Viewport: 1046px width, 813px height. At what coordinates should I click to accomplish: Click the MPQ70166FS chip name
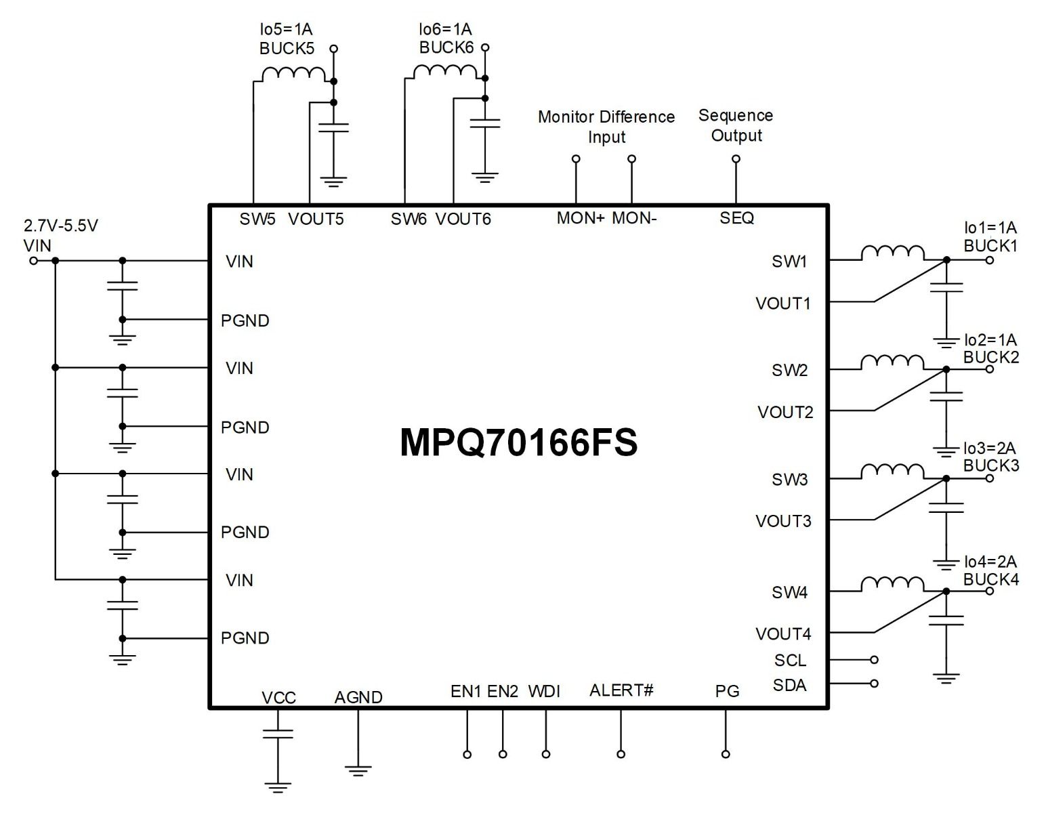[x=518, y=442]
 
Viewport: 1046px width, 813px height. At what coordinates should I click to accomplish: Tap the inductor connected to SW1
[x=892, y=252]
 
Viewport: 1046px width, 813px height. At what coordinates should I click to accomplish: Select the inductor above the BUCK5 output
[x=293, y=74]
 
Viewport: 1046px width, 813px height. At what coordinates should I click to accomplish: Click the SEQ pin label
[x=736, y=218]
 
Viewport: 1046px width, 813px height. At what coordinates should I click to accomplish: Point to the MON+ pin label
[x=580, y=218]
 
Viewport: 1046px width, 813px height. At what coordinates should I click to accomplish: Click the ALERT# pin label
[x=621, y=690]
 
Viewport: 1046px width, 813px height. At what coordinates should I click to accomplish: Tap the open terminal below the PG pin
[x=726, y=754]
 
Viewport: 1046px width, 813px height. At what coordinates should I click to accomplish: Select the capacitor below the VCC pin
[x=278, y=734]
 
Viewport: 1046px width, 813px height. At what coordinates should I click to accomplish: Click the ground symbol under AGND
[x=358, y=770]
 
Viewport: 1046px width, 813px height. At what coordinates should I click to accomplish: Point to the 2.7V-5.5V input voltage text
[x=61, y=226]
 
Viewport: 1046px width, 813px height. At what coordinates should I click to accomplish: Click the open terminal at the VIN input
[x=33, y=260]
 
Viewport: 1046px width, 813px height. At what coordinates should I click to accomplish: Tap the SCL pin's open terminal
[x=874, y=659]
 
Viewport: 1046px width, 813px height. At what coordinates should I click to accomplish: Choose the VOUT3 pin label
[x=783, y=521]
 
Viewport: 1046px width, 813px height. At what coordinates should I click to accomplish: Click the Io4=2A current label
[x=990, y=562]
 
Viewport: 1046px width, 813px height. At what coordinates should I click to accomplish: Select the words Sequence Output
[x=736, y=125]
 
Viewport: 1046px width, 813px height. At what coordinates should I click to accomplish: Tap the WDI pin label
[x=544, y=691]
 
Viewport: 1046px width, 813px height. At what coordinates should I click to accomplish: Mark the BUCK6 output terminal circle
[x=485, y=47]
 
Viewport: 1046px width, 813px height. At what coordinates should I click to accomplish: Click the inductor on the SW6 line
[x=445, y=71]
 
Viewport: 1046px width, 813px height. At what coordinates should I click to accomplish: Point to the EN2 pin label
[x=503, y=691]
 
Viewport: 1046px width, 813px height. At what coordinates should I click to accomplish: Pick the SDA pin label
[x=789, y=685]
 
